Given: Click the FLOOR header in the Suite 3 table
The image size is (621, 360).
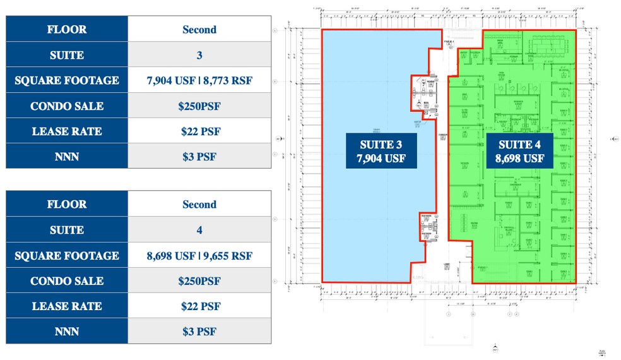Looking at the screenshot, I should click(x=67, y=30).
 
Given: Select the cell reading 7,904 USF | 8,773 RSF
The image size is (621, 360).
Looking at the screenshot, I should click(x=199, y=81).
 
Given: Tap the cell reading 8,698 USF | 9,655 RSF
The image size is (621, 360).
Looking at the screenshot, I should click(x=199, y=256).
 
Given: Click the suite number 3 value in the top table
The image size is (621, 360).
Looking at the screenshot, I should click(x=199, y=55).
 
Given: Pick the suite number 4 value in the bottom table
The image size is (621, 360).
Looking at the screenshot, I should click(x=199, y=230).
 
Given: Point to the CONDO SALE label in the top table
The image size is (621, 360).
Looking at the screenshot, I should click(x=67, y=106).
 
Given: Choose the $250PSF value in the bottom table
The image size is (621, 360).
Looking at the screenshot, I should click(x=199, y=281).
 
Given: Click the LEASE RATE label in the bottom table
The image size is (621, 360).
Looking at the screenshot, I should click(x=67, y=306).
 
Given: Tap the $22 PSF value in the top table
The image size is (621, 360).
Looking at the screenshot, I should click(x=199, y=131).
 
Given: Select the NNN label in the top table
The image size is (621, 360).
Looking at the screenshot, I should click(x=67, y=157).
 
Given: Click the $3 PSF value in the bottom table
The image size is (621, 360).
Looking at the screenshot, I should click(x=199, y=332).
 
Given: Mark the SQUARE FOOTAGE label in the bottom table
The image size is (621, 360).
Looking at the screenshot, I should click(x=67, y=256).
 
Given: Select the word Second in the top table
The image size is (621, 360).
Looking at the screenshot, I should click(x=199, y=30).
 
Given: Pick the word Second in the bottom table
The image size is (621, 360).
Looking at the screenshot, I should click(x=199, y=205).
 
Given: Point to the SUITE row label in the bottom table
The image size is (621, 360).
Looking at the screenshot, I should click(x=67, y=230).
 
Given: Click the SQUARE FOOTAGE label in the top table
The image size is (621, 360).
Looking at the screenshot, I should click(x=67, y=81).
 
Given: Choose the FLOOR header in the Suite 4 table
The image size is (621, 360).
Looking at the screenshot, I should click(x=67, y=205).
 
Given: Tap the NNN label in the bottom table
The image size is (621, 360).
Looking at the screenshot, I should click(x=67, y=332).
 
